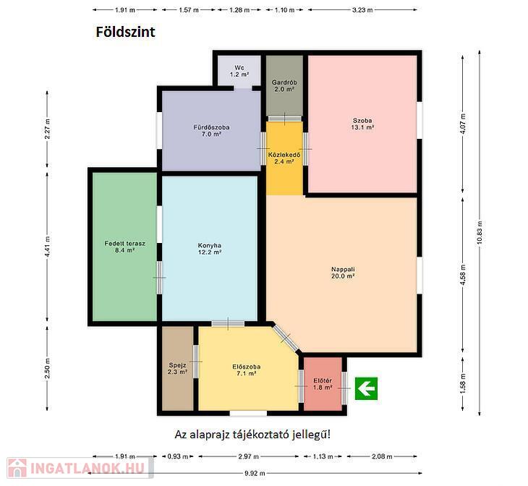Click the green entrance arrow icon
(366, 388)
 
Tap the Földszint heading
(126, 32)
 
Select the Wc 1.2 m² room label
(239, 71)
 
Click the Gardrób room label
(284, 86)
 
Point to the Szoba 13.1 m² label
(362, 124)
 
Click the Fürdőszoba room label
(211, 131)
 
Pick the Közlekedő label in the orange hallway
(284, 158)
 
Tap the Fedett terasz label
(124, 247)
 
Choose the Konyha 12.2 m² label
(210, 249)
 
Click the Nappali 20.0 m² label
(343, 273)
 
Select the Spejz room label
(177, 368)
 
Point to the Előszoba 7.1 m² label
(247, 370)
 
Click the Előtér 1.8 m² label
(323, 384)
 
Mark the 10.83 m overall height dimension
(480, 233)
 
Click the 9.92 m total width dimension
(255, 473)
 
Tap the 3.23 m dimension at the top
(362, 10)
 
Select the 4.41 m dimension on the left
(47, 247)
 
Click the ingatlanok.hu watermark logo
(80, 468)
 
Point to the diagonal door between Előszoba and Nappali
(286, 338)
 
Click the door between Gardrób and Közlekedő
(284, 119)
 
